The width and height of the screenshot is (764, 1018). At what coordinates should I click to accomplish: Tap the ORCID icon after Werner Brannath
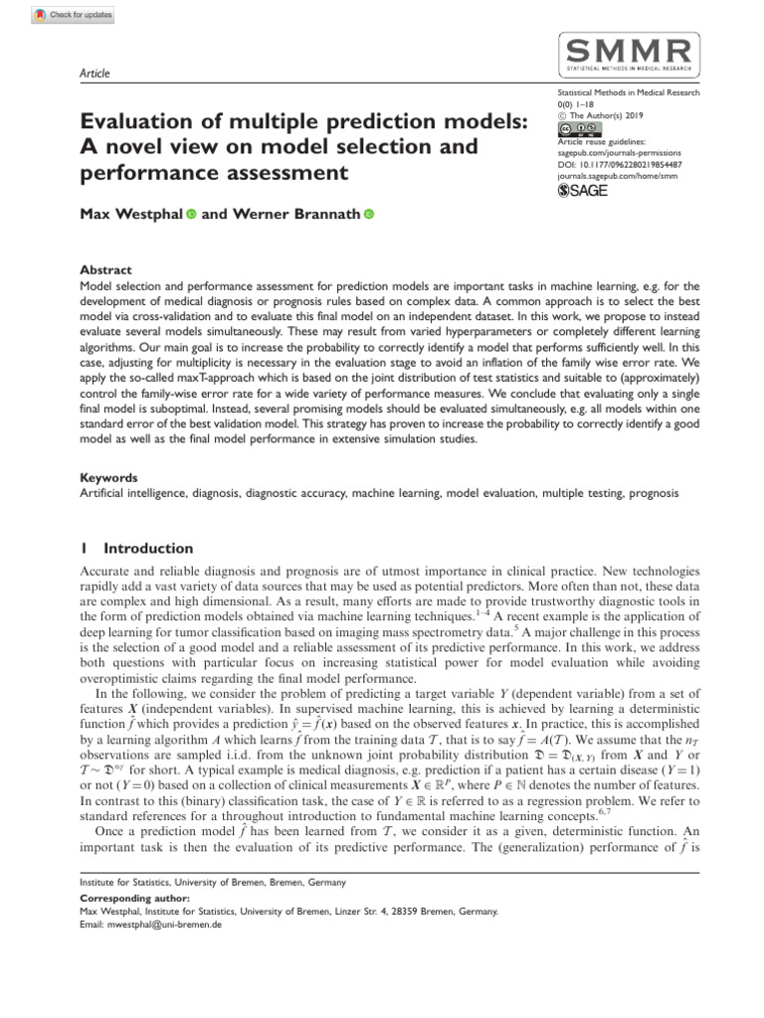[368, 213]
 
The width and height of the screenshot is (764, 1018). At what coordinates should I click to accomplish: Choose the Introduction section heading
[148, 548]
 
